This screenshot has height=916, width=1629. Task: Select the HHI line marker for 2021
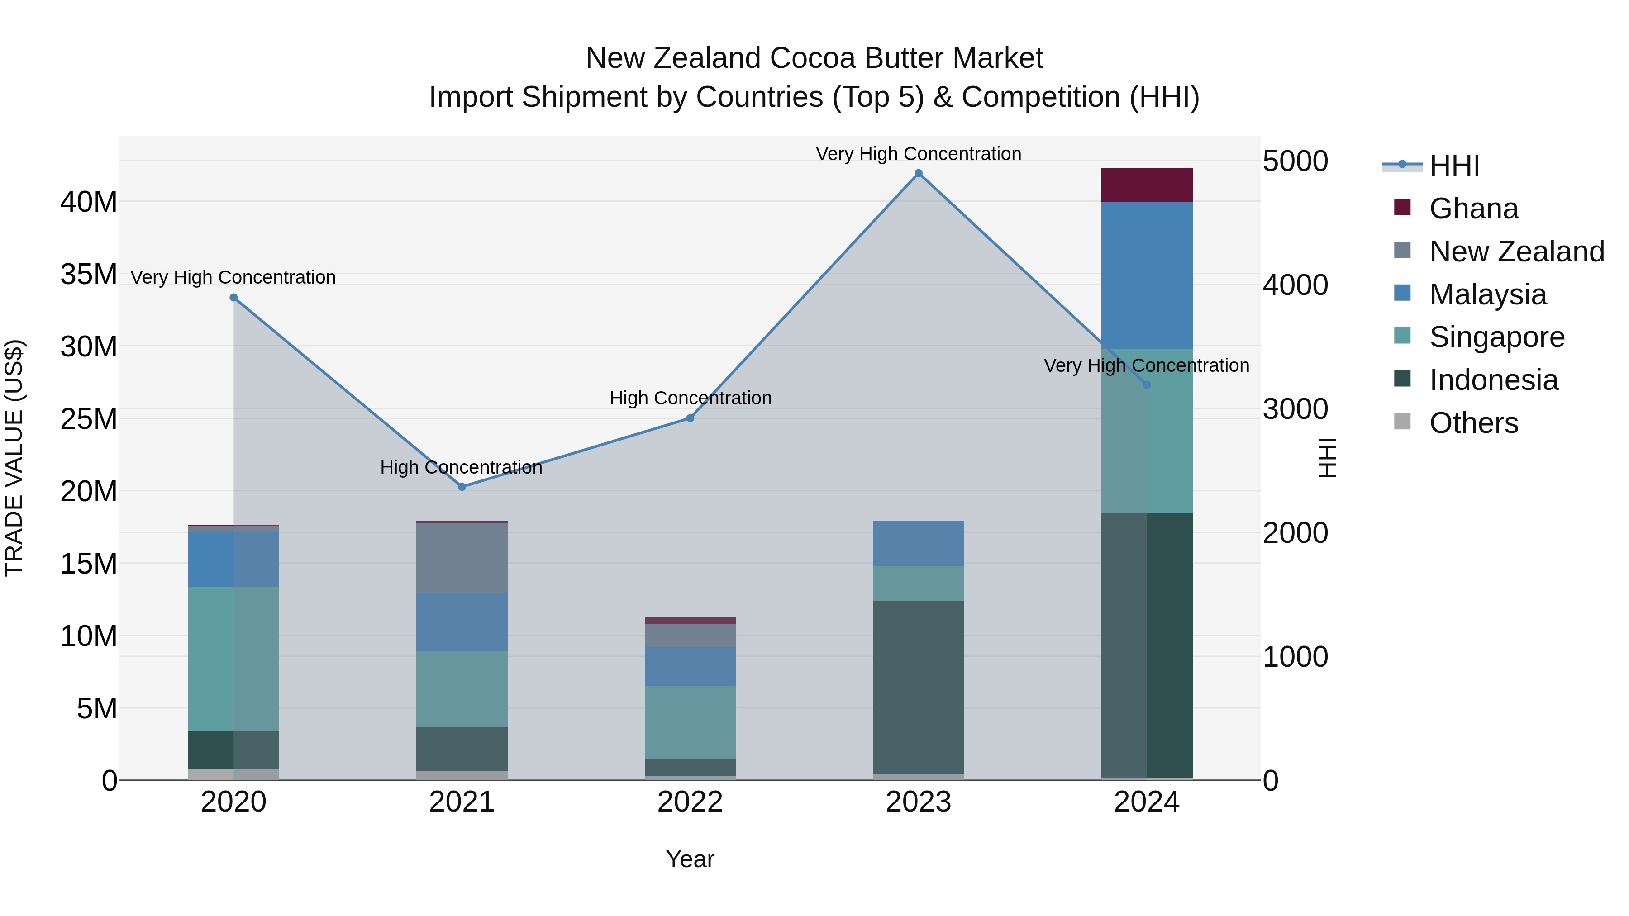[x=462, y=487]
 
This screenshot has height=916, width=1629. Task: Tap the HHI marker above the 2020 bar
[x=233, y=297]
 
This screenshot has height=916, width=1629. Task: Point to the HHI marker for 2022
[x=690, y=418]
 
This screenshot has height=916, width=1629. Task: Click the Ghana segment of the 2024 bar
[x=1147, y=185]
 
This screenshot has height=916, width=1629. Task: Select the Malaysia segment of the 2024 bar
[x=1147, y=275]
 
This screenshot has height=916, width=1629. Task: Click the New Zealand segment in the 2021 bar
[x=462, y=558]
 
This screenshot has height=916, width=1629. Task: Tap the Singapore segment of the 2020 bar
[x=233, y=658]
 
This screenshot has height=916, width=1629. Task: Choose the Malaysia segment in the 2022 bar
[x=690, y=666]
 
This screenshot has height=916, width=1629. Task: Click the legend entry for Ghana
[x=1473, y=208]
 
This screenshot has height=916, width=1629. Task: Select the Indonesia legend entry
[x=1493, y=380]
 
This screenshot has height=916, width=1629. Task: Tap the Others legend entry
[x=1473, y=423]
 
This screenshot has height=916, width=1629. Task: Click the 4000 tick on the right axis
[x=1295, y=285]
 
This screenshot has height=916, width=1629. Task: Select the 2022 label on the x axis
[x=690, y=802]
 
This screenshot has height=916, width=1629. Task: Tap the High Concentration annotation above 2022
[x=690, y=398]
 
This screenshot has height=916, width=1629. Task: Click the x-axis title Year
[x=690, y=859]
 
